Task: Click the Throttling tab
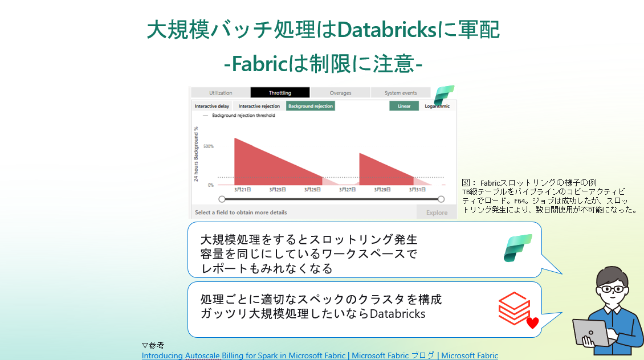280,93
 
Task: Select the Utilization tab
221,93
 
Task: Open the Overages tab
340,93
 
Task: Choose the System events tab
401,93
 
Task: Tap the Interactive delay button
212,106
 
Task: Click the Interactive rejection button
259,106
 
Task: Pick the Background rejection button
311,106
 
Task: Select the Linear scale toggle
404,106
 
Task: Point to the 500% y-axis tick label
209,146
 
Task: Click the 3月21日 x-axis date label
243,190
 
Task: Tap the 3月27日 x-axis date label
348,190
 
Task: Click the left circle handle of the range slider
222,199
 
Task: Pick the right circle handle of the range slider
441,199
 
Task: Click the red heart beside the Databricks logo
532,322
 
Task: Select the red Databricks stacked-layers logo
514,308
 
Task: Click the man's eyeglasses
613,289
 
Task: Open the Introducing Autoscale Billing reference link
320,355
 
